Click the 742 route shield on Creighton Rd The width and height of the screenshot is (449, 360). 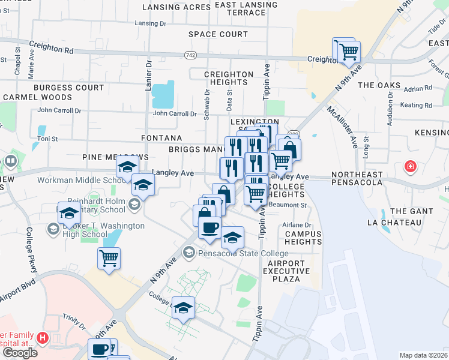coord(190,55)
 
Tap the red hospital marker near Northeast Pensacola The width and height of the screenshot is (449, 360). coord(411,166)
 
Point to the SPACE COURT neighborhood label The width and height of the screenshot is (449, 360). coord(217,34)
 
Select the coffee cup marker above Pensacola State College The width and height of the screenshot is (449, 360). coord(209,228)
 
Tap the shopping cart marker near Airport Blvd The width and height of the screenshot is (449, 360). coord(109,259)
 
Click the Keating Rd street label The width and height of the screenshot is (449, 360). coord(416,106)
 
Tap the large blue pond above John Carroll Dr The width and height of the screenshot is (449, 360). coord(162,94)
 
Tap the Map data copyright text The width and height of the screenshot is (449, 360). coord(424,355)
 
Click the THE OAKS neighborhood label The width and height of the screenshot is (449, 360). coord(379,85)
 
